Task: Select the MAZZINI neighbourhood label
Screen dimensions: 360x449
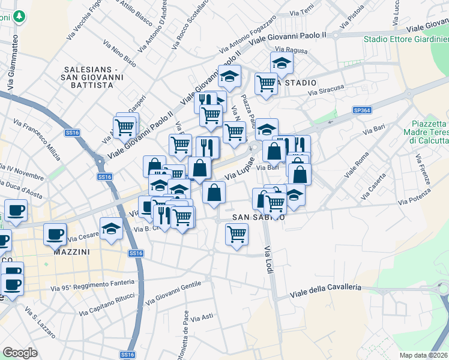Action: coord(71,252)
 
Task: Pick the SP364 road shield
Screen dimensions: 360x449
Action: coord(362,110)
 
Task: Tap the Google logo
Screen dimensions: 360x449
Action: coord(20,353)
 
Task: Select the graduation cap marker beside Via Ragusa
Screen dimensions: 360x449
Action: coord(281,62)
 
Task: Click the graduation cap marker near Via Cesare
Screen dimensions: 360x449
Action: coord(111,229)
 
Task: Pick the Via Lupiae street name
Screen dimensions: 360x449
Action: coord(240,170)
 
